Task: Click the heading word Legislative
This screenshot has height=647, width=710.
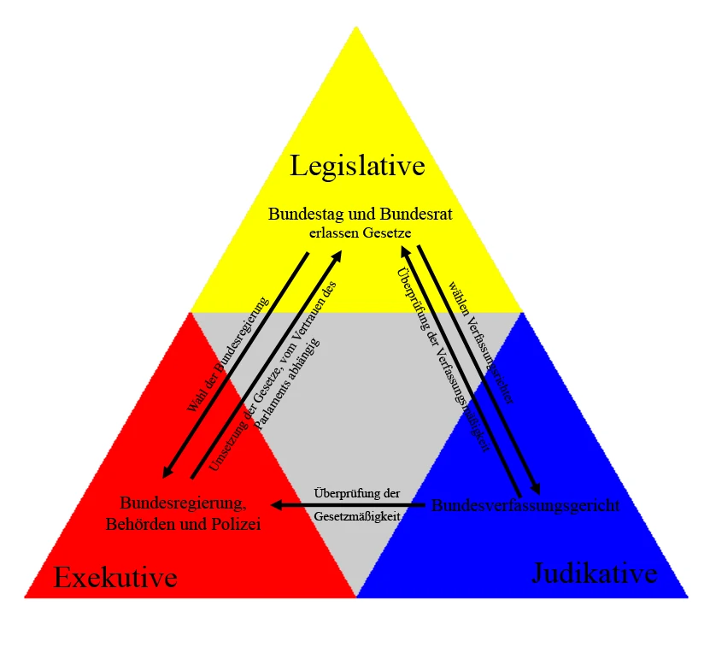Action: [357, 165]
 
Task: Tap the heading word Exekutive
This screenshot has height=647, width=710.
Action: [115, 578]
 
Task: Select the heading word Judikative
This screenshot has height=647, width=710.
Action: [595, 573]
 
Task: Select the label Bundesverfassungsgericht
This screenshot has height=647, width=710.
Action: [525, 505]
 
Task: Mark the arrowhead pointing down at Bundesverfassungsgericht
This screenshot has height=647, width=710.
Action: [536, 488]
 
